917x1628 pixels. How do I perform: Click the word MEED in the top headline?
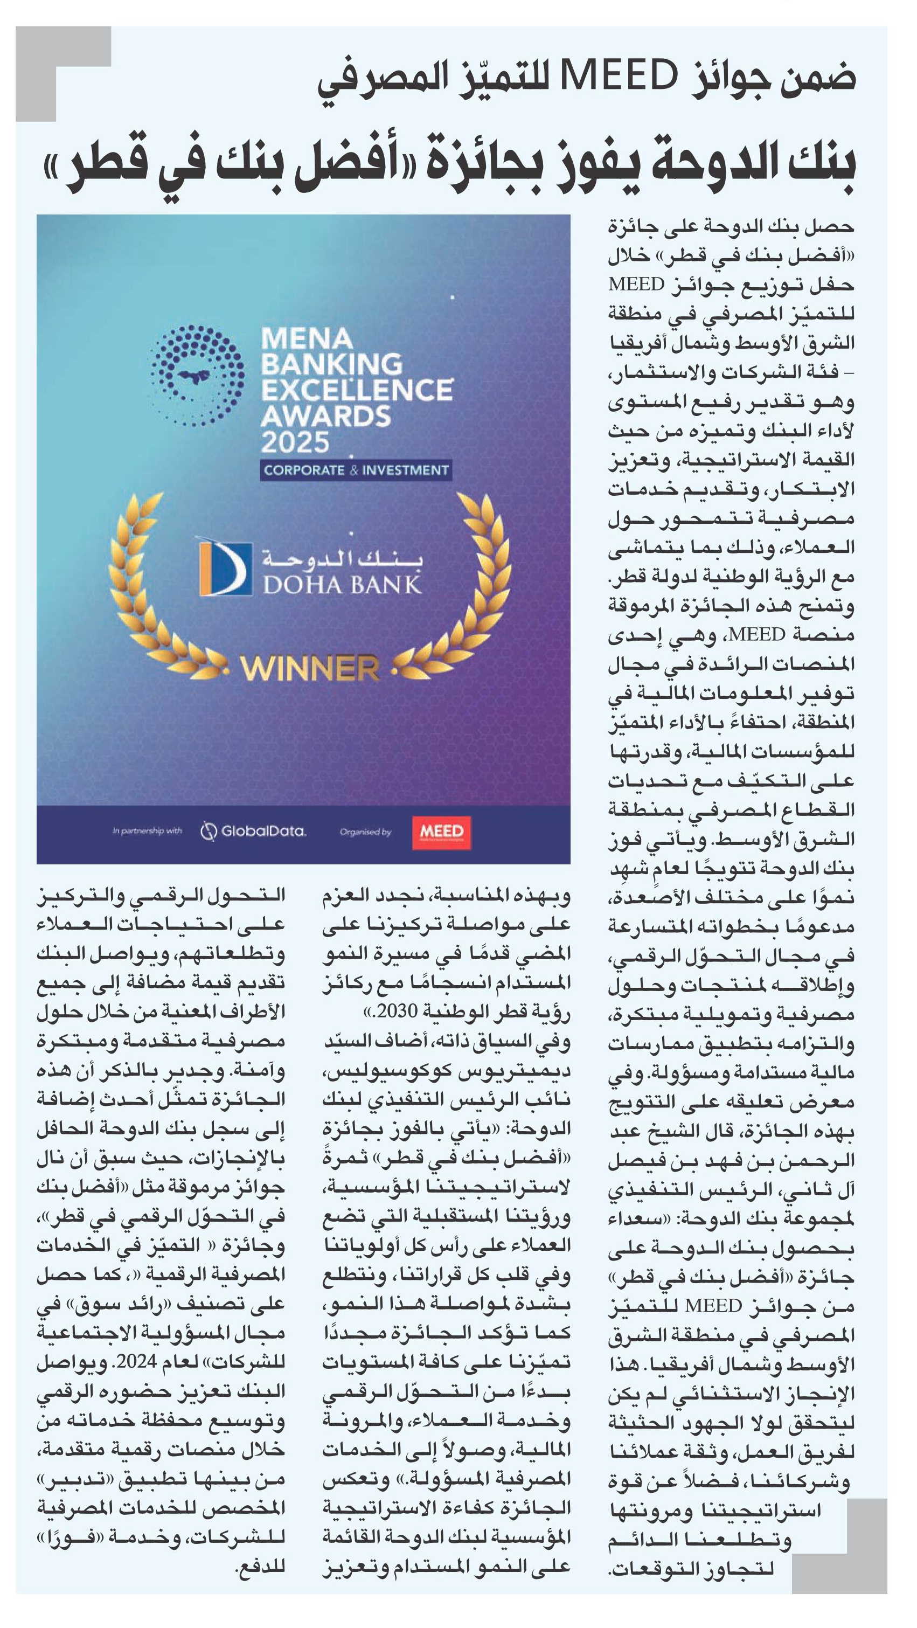point(619,77)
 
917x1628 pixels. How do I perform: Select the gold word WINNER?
point(310,669)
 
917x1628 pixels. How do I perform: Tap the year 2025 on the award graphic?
point(295,442)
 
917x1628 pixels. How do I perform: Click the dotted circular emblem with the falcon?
point(197,376)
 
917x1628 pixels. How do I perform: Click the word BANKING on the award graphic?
point(332,365)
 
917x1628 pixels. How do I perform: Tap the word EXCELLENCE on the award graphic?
point(357,391)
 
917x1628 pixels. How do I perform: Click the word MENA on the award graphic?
point(307,339)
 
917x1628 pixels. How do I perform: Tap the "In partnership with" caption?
point(147,831)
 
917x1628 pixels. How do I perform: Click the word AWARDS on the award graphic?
point(326,417)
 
